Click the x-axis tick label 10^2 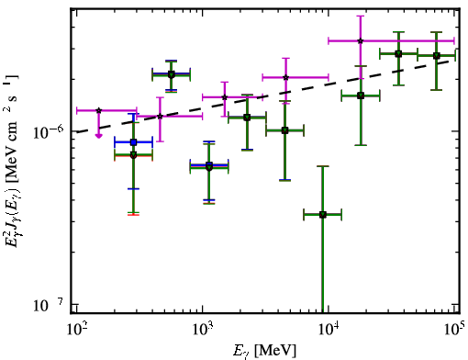[x=77, y=330]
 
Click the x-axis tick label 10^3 [x=203, y=330]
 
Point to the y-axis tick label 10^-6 [x=48, y=132]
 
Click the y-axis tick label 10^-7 [x=48, y=305]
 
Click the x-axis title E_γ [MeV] [x=264, y=351]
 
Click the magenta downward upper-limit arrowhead [x=98, y=135]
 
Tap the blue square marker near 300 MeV [x=133, y=142]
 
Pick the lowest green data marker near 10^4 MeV [x=322, y=215]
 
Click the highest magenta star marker [x=361, y=40]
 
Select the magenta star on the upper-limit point [x=98, y=110]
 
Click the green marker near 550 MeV [x=172, y=74]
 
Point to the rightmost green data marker [x=437, y=56]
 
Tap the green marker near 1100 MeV [x=209, y=167]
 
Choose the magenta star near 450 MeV [x=160, y=116]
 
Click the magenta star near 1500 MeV [x=225, y=97]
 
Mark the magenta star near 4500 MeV [x=285, y=77]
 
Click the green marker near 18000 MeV [x=361, y=96]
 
